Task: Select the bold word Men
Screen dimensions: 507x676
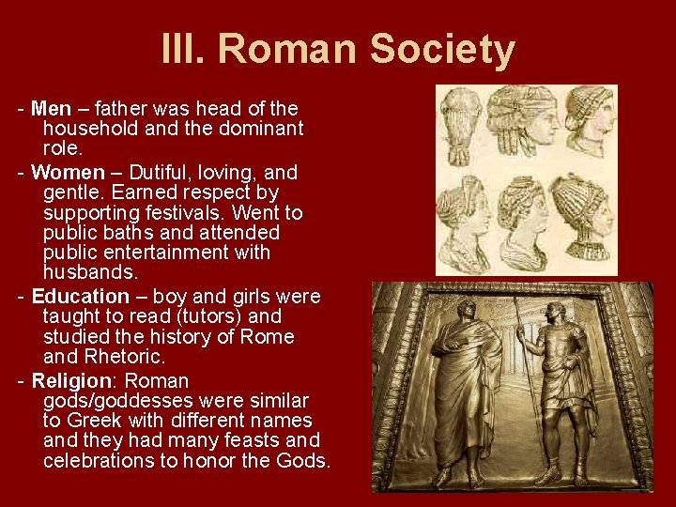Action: tap(50, 108)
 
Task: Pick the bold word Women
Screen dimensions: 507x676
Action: tap(68, 173)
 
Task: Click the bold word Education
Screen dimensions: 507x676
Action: tap(81, 297)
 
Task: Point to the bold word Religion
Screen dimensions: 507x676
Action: tap(70, 381)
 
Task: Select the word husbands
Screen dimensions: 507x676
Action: tap(90, 272)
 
